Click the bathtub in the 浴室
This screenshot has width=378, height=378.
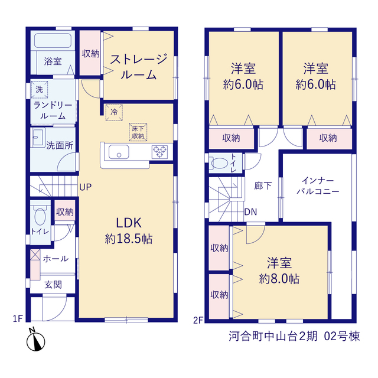click(53, 40)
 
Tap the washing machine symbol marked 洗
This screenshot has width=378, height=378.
click(40, 89)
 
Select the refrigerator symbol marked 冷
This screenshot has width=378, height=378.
click(114, 112)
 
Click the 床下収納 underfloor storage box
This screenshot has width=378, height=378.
click(138, 132)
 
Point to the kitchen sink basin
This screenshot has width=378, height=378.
click(119, 152)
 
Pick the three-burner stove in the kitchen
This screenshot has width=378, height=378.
click(159, 152)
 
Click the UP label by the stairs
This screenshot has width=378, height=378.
click(85, 187)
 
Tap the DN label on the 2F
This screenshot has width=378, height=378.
click(250, 212)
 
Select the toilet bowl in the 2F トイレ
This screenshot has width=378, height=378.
click(219, 163)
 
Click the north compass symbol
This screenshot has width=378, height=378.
click(35, 340)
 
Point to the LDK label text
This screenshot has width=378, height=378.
click(129, 223)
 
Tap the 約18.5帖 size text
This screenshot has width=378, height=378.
click(129, 239)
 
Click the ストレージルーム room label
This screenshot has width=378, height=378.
click(138, 67)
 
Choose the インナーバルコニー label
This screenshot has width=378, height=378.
click(318, 186)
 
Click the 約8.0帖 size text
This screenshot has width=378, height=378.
click(279, 279)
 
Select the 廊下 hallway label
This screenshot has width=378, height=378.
click(263, 186)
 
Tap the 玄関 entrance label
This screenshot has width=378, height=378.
click(53, 285)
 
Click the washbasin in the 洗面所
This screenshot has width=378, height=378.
click(38, 137)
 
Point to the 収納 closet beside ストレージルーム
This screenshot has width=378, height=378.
click(90, 53)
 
